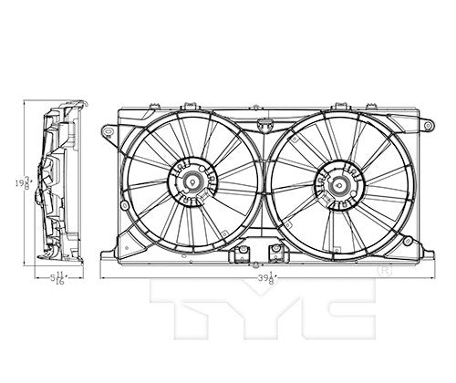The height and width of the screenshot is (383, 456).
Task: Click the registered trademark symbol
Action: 385,271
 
